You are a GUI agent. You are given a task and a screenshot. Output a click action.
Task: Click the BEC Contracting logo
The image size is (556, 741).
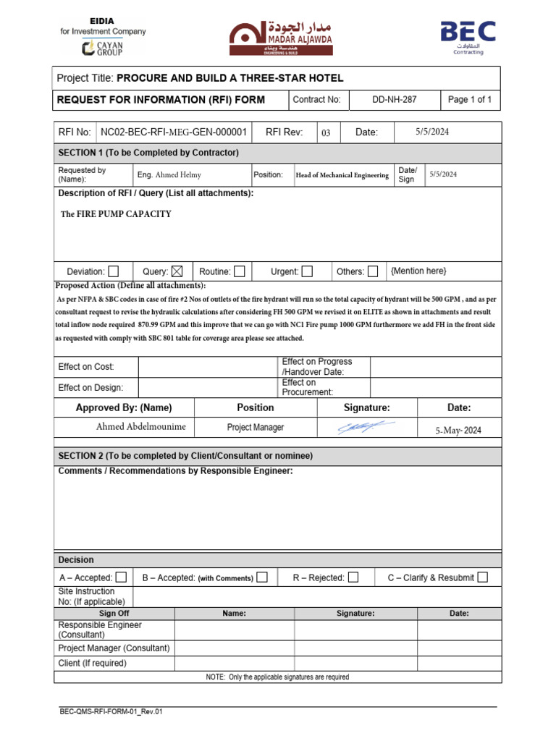coord(468,36)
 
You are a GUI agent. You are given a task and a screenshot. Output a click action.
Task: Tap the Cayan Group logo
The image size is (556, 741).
coord(103,48)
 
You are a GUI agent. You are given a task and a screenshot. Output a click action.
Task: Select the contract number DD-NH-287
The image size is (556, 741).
coord(395,100)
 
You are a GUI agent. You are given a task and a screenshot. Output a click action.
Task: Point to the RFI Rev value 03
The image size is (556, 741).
coord(326,133)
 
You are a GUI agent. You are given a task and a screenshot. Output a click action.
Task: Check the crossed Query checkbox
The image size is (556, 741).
coord(177,271)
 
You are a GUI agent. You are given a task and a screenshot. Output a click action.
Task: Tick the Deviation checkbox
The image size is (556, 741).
coord(114,271)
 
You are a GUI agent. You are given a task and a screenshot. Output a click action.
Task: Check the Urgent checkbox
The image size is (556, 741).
coord(307,271)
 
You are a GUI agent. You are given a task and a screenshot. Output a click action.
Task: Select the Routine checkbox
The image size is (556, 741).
coord(239,271)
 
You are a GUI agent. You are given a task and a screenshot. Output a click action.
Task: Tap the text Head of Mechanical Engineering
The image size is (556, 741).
coord(342,175)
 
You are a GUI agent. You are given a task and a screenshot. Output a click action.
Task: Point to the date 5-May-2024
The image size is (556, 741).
coord(458,430)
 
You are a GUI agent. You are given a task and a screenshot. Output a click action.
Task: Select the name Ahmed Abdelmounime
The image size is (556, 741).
coord(140,427)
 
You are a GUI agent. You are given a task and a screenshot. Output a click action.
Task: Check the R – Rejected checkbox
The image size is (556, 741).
coord(353,577)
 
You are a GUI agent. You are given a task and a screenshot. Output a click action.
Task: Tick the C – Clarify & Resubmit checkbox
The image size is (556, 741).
coord(483,577)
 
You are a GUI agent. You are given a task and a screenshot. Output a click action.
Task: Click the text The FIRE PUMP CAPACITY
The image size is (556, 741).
coord(116,214)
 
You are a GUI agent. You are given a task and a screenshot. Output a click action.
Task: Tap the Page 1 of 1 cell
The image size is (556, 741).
coord(470,100)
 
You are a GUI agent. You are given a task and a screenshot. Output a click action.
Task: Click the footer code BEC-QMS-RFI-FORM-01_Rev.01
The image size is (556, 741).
coord(111,712)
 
